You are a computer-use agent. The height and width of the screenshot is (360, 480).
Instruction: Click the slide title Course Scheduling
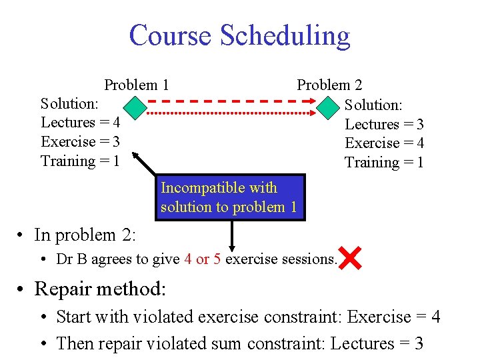[239, 35]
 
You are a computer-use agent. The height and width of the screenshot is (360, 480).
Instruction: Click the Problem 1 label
[136, 85]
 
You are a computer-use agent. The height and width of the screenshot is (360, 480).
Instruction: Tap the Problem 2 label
[329, 85]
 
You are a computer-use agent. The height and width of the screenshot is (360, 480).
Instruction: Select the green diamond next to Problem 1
[135, 106]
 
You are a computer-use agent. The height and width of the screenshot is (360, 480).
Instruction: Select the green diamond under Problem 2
[329, 107]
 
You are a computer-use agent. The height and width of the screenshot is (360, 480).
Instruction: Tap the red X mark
[350, 258]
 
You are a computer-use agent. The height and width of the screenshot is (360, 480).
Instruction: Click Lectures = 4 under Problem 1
[80, 123]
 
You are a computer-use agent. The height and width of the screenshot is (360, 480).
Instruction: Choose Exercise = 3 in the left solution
[80, 141]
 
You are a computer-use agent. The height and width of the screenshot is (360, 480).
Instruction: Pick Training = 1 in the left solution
[80, 161]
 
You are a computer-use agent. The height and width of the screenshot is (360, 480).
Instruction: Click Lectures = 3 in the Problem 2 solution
[384, 124]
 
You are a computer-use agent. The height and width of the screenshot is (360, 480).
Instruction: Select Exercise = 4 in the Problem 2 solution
[384, 143]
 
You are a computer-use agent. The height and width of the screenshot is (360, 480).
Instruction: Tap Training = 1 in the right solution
[384, 163]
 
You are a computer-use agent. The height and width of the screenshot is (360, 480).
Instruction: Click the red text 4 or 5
[203, 259]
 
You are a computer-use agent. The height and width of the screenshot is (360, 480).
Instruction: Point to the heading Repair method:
[100, 289]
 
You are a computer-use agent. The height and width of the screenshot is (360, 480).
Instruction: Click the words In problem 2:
[85, 235]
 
